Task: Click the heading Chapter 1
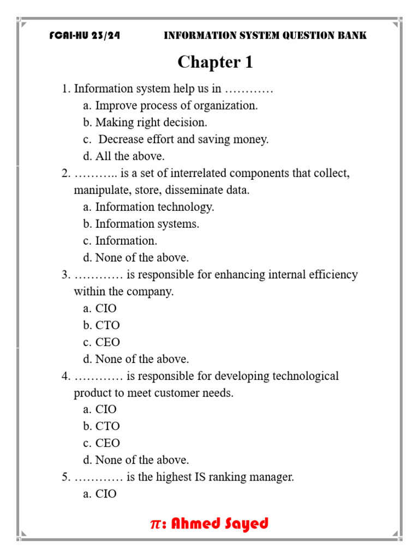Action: click(x=215, y=63)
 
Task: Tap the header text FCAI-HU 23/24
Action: click(x=85, y=36)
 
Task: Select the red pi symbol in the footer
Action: click(x=155, y=524)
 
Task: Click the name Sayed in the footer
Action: click(x=247, y=524)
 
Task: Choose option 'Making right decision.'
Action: click(x=151, y=123)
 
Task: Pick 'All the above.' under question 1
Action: click(x=129, y=156)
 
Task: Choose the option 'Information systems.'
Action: click(x=147, y=224)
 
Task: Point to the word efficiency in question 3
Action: click(x=332, y=275)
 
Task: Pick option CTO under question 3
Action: click(x=107, y=325)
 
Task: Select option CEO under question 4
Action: click(x=107, y=443)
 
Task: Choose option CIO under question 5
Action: click(x=106, y=494)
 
